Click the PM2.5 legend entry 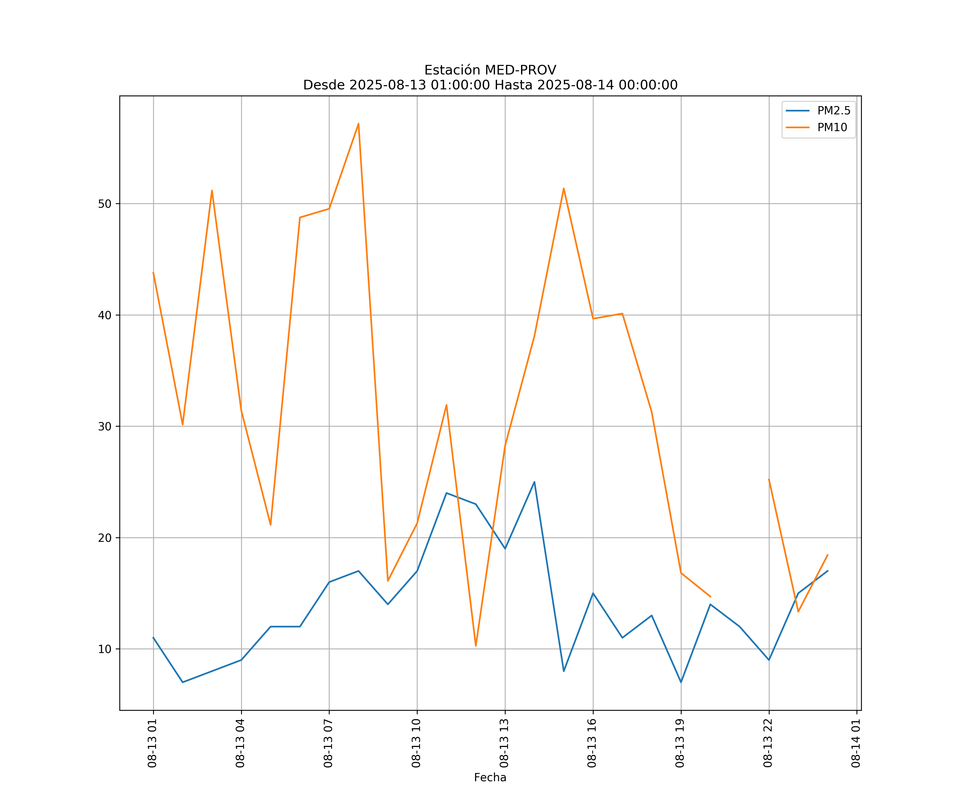[833, 111]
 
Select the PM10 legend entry [832, 128]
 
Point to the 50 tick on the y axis [105, 204]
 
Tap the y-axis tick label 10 [105, 649]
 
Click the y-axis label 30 [105, 426]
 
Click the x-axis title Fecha [490, 778]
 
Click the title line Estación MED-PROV [490, 70]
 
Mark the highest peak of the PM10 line [359, 124]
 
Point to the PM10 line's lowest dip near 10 [476, 646]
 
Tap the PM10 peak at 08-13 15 [564, 188]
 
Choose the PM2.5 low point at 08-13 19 [681, 682]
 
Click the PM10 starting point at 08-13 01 [153, 273]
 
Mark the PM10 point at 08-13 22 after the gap [769, 479]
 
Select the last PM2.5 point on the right [828, 571]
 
